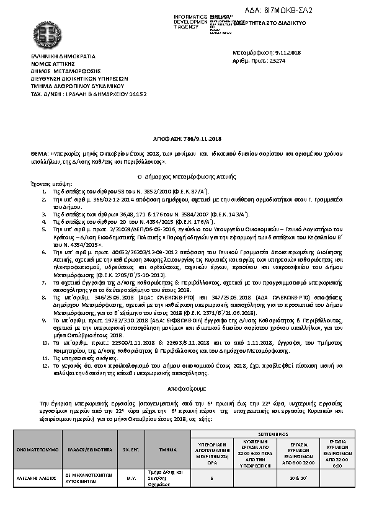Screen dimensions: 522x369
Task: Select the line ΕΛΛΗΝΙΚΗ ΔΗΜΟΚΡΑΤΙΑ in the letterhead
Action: (x=55, y=56)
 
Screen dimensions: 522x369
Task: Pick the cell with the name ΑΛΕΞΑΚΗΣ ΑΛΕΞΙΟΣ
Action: (x=37, y=477)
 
